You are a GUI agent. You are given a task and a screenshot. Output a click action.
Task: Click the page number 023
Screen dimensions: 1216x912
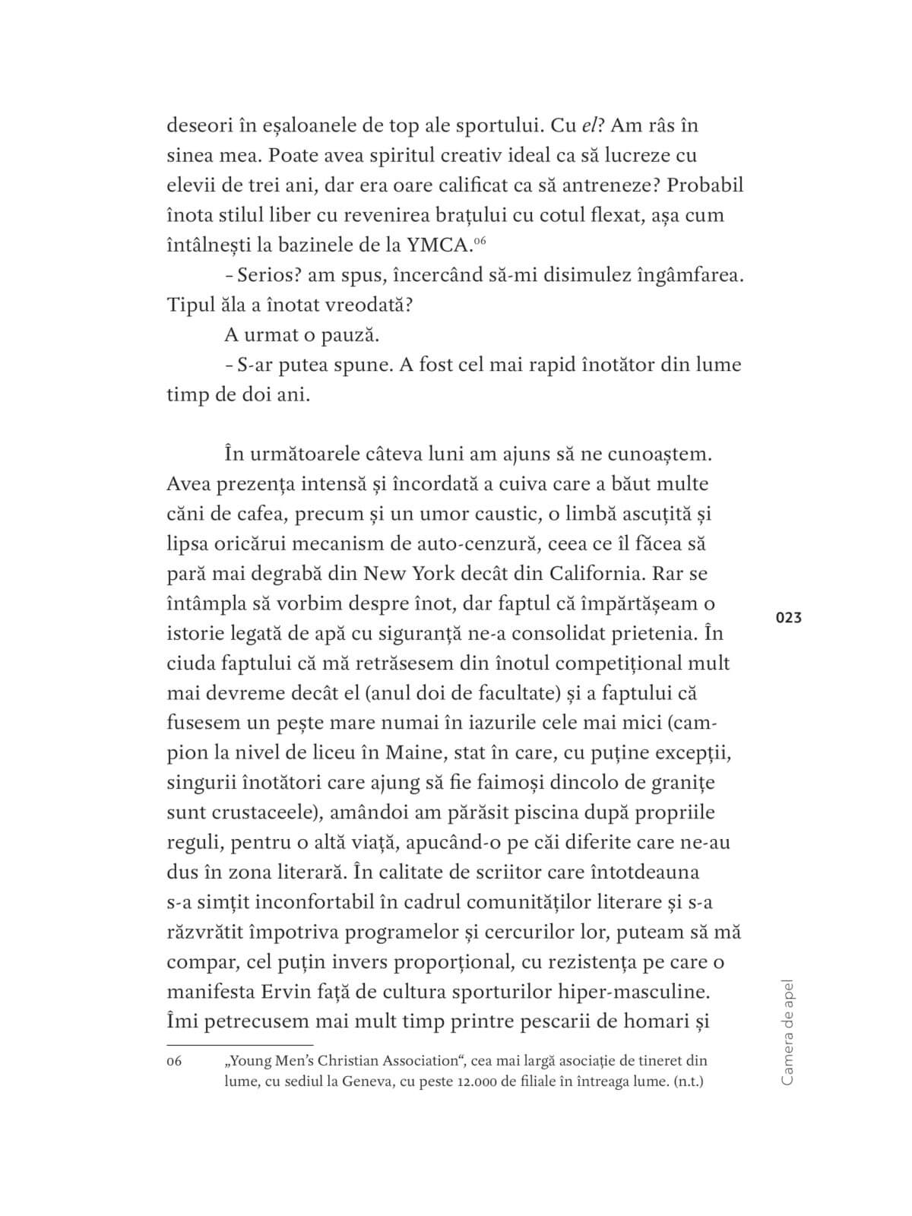[x=789, y=618]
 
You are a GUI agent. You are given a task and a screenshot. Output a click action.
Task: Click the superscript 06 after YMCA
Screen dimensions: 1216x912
[x=479, y=240]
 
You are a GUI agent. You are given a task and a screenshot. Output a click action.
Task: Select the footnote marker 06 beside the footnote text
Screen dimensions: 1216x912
[x=174, y=1061]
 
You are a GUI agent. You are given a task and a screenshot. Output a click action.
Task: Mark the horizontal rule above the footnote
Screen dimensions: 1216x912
[x=239, y=1045]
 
